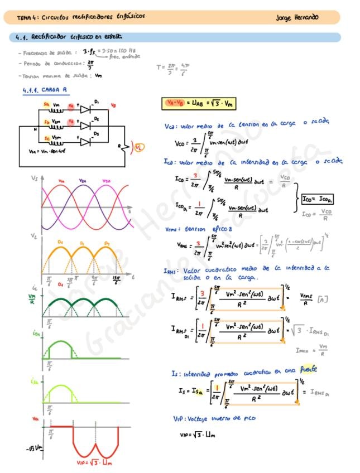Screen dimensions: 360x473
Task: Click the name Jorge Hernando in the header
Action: coord(297,17)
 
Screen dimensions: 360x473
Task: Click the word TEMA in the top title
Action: coord(24,17)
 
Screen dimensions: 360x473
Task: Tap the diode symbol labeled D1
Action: coord(85,110)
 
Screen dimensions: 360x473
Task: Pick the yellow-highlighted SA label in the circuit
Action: coord(46,104)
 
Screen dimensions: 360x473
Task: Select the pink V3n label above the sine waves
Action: coord(106,181)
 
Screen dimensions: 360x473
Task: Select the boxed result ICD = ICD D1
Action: coord(317,199)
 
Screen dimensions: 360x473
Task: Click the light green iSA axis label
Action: coord(34,382)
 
